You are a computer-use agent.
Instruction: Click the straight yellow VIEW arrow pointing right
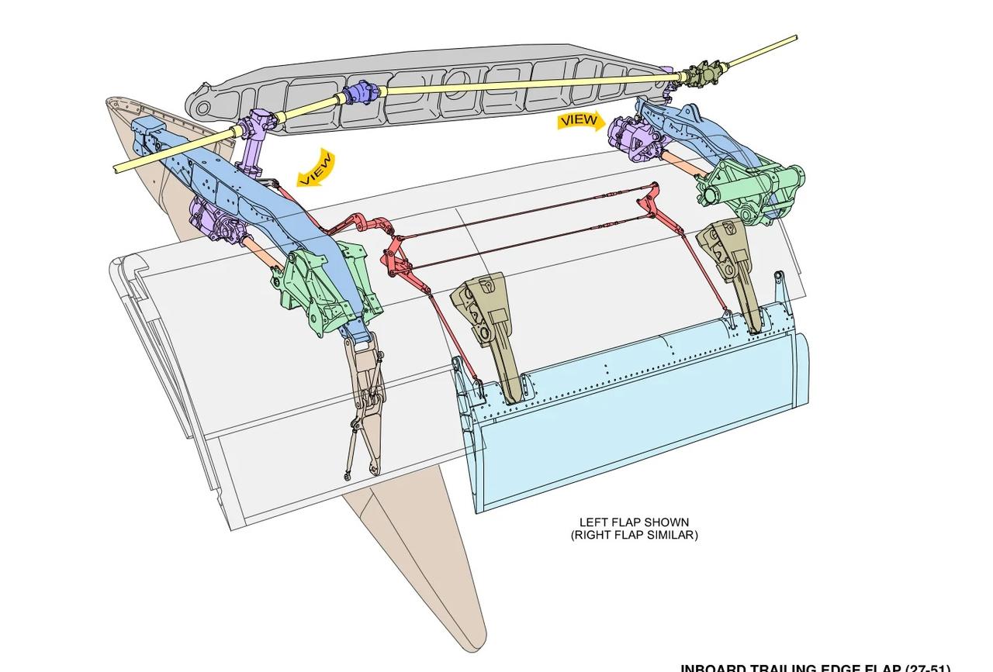pyautogui.click(x=580, y=121)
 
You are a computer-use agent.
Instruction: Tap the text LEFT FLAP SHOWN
pyautogui.click(x=634, y=522)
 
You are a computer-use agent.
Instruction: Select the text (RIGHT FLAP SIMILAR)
pyautogui.click(x=634, y=535)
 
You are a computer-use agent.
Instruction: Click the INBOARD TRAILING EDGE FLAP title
pyautogui.click(x=815, y=667)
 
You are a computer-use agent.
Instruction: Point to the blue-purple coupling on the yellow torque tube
pyautogui.click(x=362, y=93)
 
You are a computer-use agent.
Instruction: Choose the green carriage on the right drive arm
pyautogui.click(x=749, y=186)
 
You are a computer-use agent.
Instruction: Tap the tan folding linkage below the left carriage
pyautogui.click(x=365, y=403)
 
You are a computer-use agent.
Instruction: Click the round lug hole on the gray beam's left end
pyautogui.click(x=203, y=108)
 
